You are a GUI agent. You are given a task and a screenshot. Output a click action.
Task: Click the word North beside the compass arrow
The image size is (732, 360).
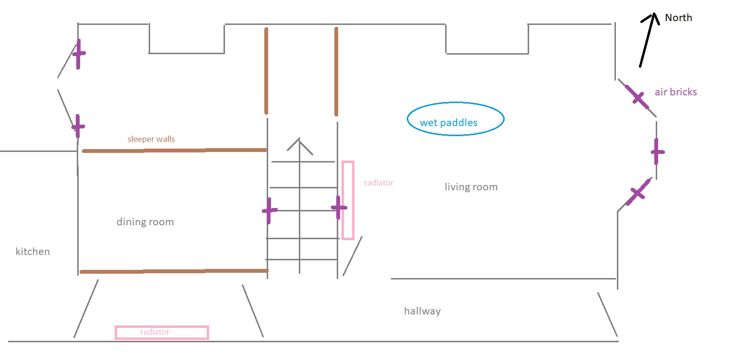(x=678, y=18)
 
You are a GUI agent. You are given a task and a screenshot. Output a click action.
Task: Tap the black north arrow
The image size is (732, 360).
(x=648, y=40)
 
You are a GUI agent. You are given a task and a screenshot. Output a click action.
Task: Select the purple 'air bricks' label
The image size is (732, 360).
(x=676, y=92)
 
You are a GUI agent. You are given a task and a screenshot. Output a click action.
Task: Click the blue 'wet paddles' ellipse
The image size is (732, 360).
(x=456, y=103)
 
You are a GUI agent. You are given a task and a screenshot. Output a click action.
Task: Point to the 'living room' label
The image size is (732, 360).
(x=471, y=187)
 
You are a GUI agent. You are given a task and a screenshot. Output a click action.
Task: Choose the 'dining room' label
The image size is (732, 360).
(x=145, y=222)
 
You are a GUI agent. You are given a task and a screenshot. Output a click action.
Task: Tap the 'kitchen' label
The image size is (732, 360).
(x=33, y=252)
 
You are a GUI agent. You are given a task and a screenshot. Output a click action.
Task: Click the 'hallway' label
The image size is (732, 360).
(x=422, y=311)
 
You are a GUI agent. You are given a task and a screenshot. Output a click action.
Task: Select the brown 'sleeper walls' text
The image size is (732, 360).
(x=151, y=139)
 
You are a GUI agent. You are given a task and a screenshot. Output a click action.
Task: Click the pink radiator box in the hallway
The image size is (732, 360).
(x=162, y=326)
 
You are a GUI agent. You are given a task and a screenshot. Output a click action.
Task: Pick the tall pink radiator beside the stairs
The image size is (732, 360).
(x=342, y=200)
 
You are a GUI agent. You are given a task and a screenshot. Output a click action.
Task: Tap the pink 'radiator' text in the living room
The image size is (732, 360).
(x=379, y=183)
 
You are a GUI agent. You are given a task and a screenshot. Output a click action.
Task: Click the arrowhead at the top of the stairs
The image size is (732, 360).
(x=299, y=139)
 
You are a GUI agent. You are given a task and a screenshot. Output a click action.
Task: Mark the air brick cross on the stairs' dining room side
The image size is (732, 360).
(x=269, y=211)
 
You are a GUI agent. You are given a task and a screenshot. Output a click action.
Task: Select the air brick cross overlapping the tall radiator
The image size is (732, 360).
(x=339, y=208)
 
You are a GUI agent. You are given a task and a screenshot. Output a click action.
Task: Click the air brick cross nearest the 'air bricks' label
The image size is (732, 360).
(x=637, y=97)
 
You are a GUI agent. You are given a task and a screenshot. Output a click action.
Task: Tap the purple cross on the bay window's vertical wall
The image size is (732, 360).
(x=657, y=151)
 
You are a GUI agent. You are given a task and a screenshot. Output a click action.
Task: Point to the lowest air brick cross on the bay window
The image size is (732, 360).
(x=638, y=192)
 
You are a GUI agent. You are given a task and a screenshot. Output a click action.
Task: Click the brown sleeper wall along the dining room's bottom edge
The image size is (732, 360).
(x=174, y=271)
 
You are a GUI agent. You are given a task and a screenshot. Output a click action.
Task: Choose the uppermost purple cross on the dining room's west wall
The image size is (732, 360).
(x=79, y=54)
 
